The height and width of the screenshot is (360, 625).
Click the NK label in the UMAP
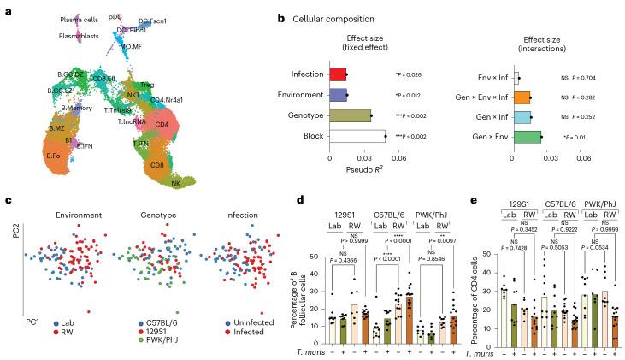176,182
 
